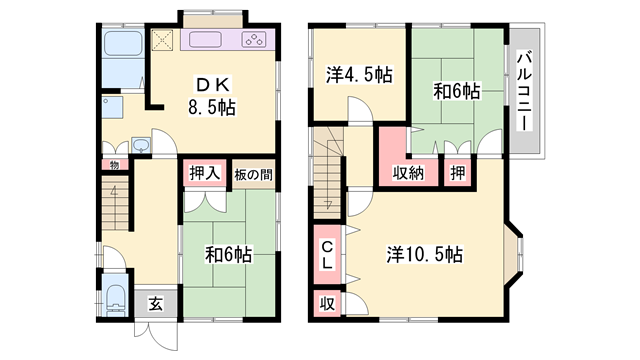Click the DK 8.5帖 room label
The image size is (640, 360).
click(x=210, y=95)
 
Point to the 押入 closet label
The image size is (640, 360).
click(x=204, y=173)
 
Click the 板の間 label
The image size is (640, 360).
click(x=254, y=173)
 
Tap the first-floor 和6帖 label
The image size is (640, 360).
click(x=231, y=254)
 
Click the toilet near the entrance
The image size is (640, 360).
click(x=115, y=297)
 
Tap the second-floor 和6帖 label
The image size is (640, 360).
click(x=456, y=91)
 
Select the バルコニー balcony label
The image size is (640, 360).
click(x=524, y=90)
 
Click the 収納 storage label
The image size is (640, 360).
click(x=407, y=173)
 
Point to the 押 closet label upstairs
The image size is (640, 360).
click(x=457, y=173)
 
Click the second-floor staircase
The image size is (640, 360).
click(x=328, y=166)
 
